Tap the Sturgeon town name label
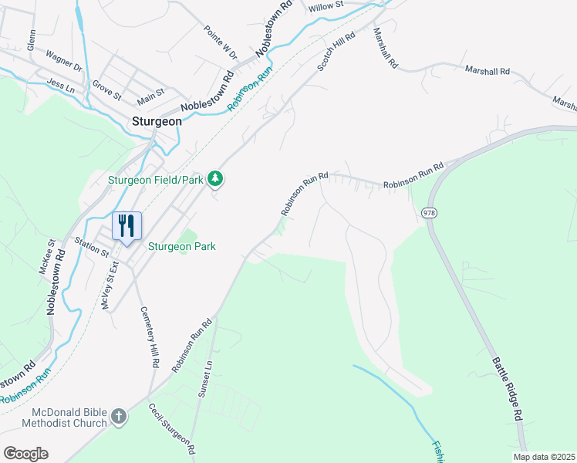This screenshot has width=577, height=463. (157, 121)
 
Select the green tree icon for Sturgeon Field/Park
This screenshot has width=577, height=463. (218, 179)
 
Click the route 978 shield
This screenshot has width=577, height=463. (430, 212)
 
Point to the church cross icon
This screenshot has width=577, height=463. (118, 417)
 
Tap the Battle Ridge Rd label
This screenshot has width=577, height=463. (504, 387)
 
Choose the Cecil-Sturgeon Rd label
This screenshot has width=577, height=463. (171, 431)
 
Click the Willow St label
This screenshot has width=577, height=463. (325, 7)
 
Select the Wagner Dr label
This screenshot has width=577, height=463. (64, 61)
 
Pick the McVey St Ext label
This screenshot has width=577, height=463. (108, 287)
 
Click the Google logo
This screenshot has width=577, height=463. (25, 454)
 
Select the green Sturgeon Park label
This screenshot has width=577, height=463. (182, 247)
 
